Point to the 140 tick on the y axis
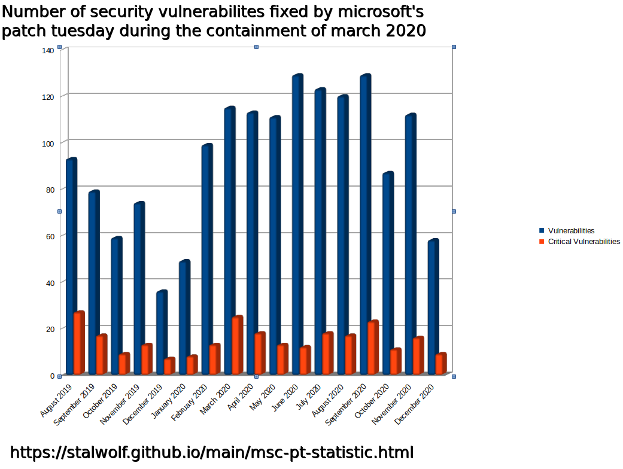click(x=48, y=50)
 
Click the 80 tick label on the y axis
click(x=50, y=190)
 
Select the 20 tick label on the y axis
click(x=50, y=329)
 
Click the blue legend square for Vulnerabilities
click(x=542, y=231)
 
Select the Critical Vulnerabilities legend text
click(x=584, y=242)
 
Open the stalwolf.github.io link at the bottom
click(x=212, y=452)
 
